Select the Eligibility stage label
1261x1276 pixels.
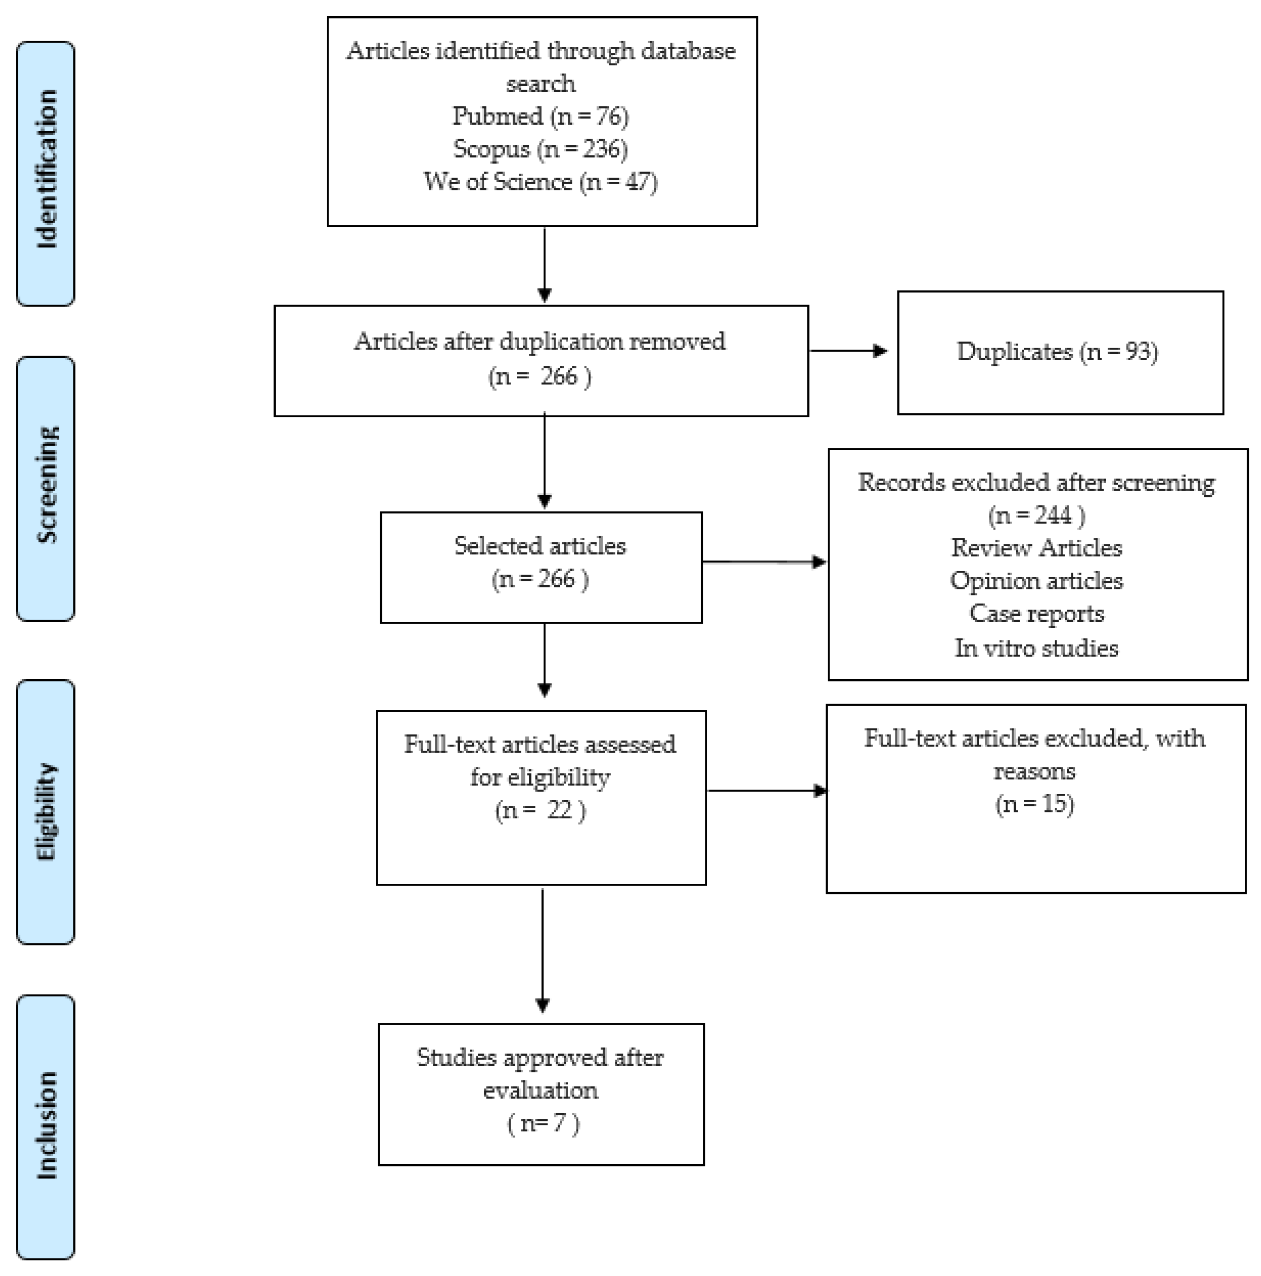pos(45,811)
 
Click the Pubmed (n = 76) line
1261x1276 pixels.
pos(540,116)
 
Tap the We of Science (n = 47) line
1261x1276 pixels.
pos(540,182)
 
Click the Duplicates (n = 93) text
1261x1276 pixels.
pos(1057,351)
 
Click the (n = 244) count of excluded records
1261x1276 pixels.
pos(1036,515)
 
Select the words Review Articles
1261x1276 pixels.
pos(1036,548)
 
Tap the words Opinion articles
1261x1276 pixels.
pos(1036,581)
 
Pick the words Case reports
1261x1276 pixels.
pos(1036,613)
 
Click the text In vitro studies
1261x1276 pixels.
pos(1036,648)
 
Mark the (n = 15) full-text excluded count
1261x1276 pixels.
pos(1034,804)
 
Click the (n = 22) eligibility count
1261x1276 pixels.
pos(540,810)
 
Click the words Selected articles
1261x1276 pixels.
pos(540,546)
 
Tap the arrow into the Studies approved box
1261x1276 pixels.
pos(542,951)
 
